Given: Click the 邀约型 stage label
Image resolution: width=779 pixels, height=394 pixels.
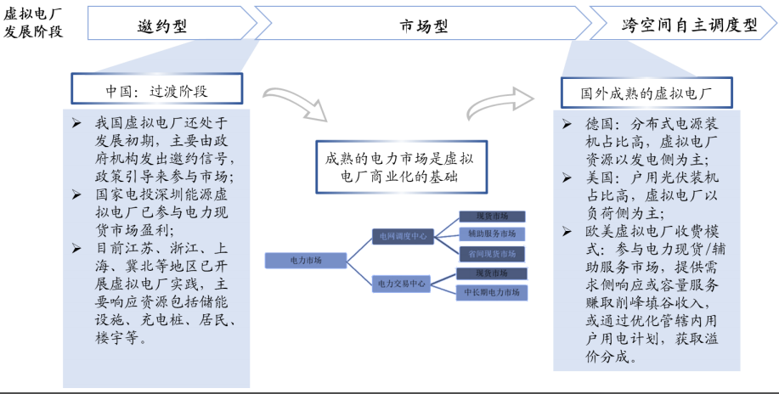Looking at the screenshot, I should tap(161, 25).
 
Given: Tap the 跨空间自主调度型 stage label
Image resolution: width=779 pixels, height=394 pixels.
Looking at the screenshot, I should tap(688, 25).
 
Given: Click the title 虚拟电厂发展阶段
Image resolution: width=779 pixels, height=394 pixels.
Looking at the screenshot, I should tap(35, 25).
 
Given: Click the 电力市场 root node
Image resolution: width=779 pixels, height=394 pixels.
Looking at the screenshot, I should tap(306, 260).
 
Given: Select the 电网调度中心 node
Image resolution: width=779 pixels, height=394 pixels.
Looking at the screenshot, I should tap(403, 235).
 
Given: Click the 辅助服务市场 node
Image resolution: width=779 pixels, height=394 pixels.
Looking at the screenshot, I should tap(491, 234).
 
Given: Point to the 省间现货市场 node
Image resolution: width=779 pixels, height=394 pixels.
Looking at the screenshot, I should tap(491, 253).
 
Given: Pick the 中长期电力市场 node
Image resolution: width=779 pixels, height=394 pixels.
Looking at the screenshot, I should tap(491, 292).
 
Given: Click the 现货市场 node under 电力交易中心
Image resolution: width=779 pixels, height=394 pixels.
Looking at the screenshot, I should tap(491, 273).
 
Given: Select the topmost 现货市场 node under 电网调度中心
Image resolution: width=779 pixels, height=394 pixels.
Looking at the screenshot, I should tap(491, 216).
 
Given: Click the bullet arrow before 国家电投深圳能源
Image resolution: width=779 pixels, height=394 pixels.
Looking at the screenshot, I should tap(77, 194).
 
